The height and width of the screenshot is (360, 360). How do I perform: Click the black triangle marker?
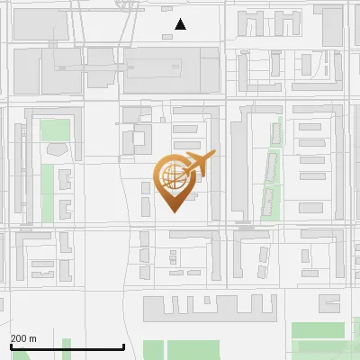tap(181, 24)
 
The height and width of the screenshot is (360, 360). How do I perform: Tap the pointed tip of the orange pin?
tap(174, 211)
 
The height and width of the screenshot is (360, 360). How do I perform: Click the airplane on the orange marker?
tap(198, 165)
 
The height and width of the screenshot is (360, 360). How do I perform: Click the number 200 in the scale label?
tap(20, 338)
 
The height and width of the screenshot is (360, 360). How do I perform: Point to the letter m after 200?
tap(33, 338)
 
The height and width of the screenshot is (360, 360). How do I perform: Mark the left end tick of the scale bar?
tap(11, 346)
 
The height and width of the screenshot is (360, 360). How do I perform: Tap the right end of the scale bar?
tap(123, 346)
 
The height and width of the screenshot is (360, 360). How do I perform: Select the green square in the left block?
tap(55, 130)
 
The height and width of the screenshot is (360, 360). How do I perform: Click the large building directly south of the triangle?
tap(170, 71)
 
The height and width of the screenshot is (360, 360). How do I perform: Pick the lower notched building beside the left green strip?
tap(65, 209)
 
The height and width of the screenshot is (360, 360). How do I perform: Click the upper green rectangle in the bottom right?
tap(319, 329)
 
